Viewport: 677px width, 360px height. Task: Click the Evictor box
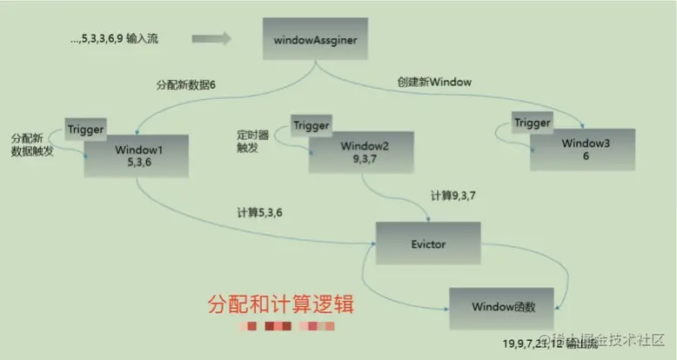coord(427,245)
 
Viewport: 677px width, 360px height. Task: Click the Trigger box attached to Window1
coord(86,130)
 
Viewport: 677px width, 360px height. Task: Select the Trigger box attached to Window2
coord(312,125)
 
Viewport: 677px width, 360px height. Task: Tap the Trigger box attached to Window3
coord(532,123)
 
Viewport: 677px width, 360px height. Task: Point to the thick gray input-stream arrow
coord(211,38)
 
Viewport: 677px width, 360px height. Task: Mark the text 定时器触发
coord(251,142)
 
